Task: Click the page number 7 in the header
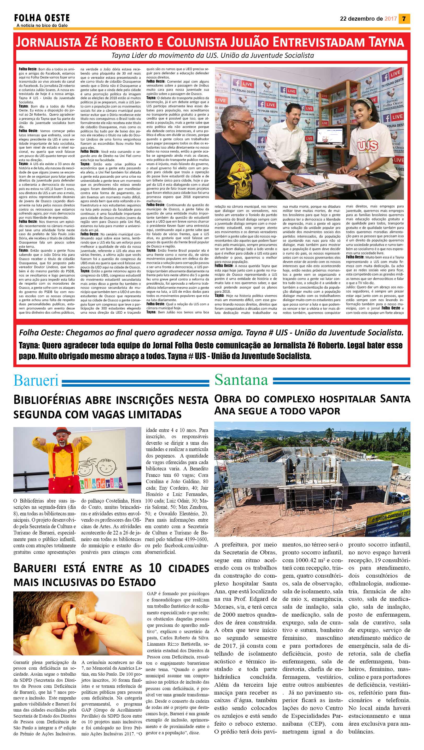click(x=404, y=19)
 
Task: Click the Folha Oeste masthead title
click(x=42, y=18)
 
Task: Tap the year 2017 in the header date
click(x=391, y=19)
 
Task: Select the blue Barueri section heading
click(x=36, y=381)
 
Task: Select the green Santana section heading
click(x=241, y=380)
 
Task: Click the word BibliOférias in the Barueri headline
click(x=47, y=400)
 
